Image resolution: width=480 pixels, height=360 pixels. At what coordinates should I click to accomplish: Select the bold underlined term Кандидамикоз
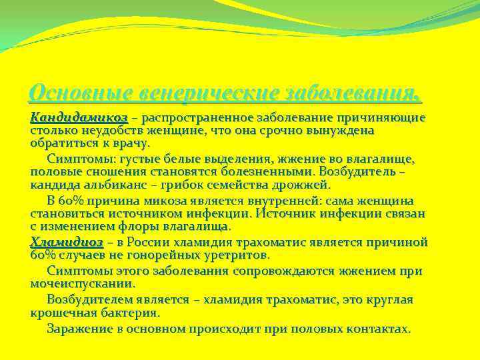click(x=79, y=117)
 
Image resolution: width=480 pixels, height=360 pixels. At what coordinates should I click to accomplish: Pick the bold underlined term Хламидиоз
click(x=67, y=242)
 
